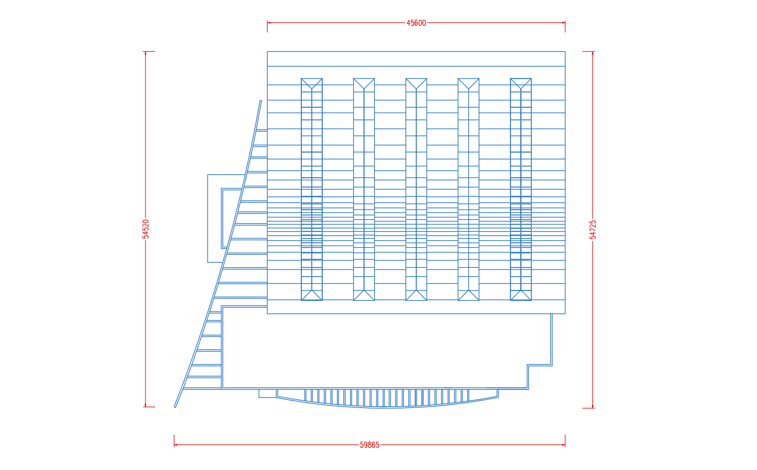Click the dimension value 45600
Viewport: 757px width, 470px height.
(x=416, y=23)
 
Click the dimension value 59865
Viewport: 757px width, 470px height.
(x=370, y=445)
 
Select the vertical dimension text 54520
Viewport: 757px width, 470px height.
(x=145, y=229)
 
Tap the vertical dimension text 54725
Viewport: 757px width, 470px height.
(x=593, y=230)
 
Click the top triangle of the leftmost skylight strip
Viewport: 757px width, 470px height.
(x=311, y=83)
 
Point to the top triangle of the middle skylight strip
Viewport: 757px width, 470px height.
(x=416, y=83)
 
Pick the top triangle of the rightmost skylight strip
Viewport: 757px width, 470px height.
(x=521, y=83)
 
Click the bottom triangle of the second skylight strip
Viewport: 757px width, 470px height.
(x=364, y=296)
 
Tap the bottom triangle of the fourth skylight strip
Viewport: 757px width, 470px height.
(x=468, y=296)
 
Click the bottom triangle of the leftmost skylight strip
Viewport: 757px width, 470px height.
(x=311, y=296)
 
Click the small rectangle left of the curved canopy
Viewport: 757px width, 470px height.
(x=268, y=394)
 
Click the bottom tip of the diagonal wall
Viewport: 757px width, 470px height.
(x=175, y=407)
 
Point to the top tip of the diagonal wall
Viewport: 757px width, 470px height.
(x=261, y=100)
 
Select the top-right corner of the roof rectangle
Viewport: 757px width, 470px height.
(x=565, y=52)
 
